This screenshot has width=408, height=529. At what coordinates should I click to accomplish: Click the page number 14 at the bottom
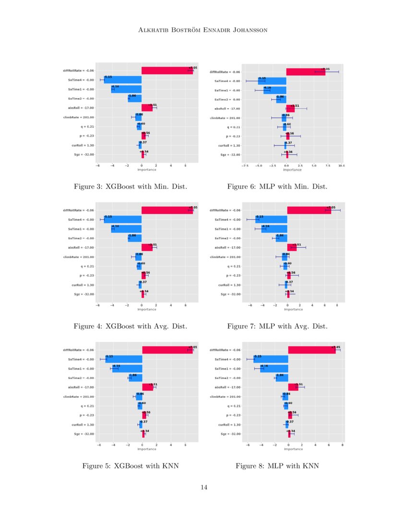(204, 488)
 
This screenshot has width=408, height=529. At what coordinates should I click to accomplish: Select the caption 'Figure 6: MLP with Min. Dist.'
(277, 186)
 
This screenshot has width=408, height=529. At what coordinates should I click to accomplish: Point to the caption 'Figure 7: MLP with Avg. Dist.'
(277, 326)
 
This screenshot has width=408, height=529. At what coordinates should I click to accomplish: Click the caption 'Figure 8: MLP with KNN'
(277, 466)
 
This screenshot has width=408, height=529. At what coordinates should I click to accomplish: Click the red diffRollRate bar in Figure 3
(167, 71)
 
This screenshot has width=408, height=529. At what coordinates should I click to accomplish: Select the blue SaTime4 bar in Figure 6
(272, 81)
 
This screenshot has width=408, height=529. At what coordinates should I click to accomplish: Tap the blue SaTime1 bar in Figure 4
(126, 229)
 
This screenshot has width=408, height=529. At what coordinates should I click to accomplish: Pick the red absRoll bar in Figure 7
(292, 248)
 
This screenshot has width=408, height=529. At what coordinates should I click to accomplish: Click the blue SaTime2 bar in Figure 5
(135, 378)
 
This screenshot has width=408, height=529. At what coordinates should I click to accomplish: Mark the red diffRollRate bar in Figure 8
(312, 350)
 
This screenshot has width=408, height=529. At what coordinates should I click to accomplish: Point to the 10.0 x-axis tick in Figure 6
(341, 165)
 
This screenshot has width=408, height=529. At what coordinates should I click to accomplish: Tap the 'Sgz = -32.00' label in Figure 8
(227, 434)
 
